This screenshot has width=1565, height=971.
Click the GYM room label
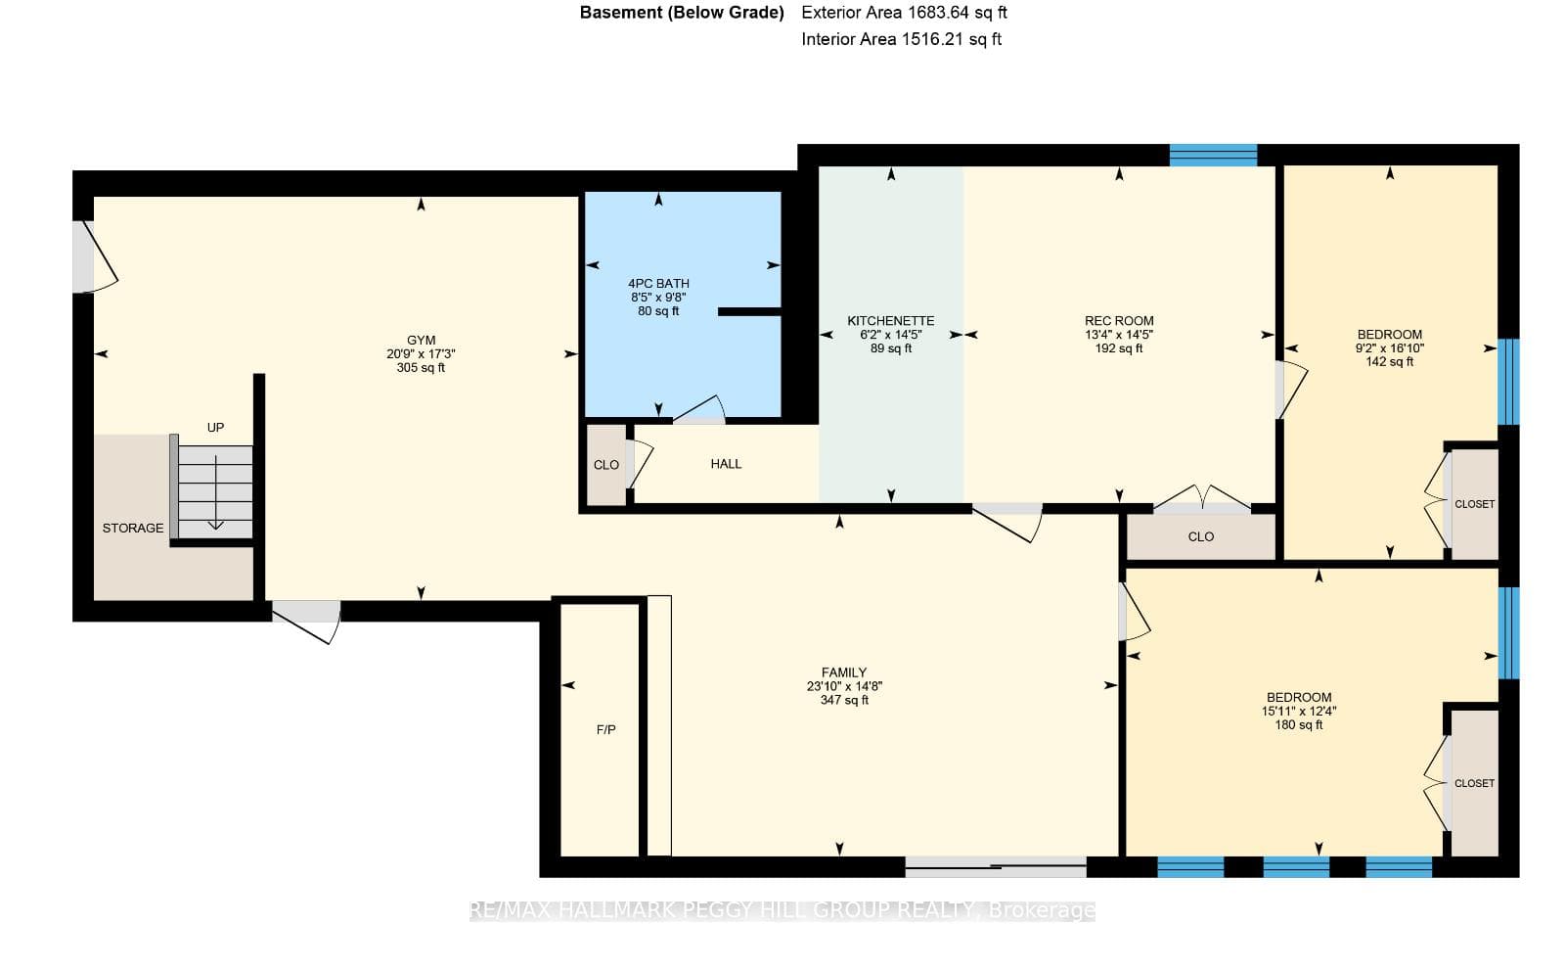click(x=421, y=341)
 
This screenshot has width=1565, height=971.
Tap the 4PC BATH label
click(x=658, y=284)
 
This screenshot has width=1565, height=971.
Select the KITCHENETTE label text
click(x=891, y=321)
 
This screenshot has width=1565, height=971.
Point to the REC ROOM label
click(x=1119, y=321)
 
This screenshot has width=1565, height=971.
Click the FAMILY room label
click(x=844, y=672)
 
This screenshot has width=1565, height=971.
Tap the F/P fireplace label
click(x=605, y=730)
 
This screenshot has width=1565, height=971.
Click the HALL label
click(x=726, y=464)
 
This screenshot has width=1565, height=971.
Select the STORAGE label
click(x=133, y=529)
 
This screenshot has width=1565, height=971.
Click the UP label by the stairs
click(x=215, y=427)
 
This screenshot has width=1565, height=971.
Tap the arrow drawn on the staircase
click(x=215, y=492)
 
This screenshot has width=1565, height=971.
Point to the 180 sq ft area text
click(x=1299, y=725)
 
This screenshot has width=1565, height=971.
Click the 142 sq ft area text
click(x=1390, y=361)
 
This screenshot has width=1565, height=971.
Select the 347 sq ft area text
click(x=844, y=700)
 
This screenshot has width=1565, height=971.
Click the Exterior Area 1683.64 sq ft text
click(x=904, y=13)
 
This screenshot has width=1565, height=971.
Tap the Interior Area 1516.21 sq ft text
click(x=901, y=39)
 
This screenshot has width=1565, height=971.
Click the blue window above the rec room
click(x=1214, y=155)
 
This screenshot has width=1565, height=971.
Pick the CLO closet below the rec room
click(x=1201, y=536)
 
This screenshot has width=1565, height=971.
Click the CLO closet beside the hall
click(x=606, y=465)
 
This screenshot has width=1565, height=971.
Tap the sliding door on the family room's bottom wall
click(x=996, y=867)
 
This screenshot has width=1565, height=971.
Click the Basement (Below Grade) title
click(x=682, y=13)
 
